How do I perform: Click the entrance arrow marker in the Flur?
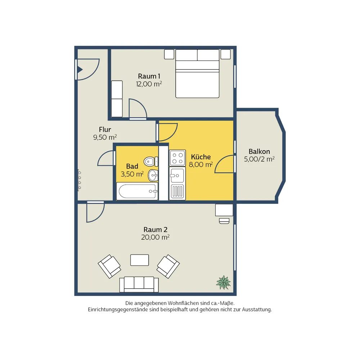click(80, 69)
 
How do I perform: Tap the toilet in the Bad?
click(151, 161)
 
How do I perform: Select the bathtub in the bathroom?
click(137, 191)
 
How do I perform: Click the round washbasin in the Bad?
click(153, 175)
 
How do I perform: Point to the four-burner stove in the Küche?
click(177, 158)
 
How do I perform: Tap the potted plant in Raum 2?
click(223, 282)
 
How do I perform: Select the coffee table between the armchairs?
click(140, 260)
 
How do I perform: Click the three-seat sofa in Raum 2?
click(139, 284)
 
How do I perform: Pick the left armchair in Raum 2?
click(109, 266)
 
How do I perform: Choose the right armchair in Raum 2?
click(168, 266)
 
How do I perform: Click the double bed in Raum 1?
click(197, 73)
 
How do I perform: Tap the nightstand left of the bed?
click(169, 54)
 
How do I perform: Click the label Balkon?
click(259, 152)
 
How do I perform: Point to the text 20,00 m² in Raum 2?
click(155, 237)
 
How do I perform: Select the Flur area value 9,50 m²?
click(105, 137)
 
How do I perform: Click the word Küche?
click(201, 157)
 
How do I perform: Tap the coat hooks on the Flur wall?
click(79, 180)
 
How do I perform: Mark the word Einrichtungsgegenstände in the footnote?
click(118, 310)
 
